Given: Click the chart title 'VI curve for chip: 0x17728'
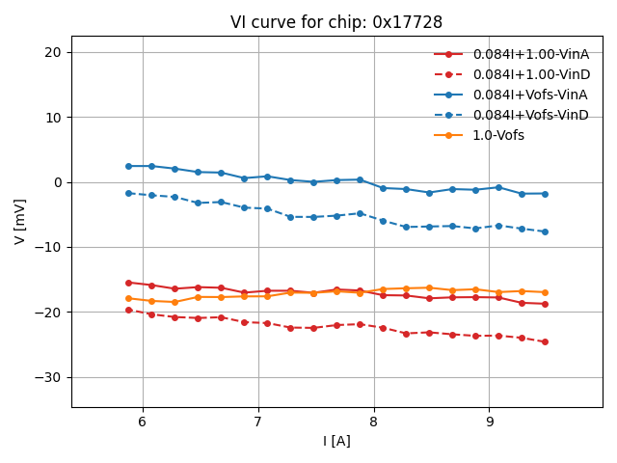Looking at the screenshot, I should tap(336, 22).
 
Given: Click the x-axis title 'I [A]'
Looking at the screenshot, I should tap(336, 441).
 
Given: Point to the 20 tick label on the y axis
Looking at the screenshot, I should tap(52, 52).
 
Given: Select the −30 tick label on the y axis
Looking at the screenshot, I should tap(48, 377).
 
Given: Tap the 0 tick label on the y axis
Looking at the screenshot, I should tap(57, 182).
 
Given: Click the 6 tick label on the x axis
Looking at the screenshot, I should tap(143, 422).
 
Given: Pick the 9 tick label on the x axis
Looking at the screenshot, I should tap(490, 422).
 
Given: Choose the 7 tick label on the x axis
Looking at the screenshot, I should tap(258, 422).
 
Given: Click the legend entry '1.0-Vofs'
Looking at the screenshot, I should tap(498, 135).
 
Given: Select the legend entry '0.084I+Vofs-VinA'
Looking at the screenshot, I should tap(530, 95).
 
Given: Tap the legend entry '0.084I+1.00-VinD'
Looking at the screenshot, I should tap(530, 74).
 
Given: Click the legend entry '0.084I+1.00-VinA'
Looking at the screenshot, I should tap(530, 54).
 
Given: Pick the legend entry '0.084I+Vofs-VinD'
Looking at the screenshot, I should tap(530, 115).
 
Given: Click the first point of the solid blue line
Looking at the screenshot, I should tap(128, 166).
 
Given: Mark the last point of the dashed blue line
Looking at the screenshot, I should tap(545, 231).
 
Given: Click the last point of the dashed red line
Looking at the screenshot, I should tap(545, 341).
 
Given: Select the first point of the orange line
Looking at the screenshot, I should tap(128, 298).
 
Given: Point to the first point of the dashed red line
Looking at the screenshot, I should tap(128, 310).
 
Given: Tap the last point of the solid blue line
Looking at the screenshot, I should tap(545, 194).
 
